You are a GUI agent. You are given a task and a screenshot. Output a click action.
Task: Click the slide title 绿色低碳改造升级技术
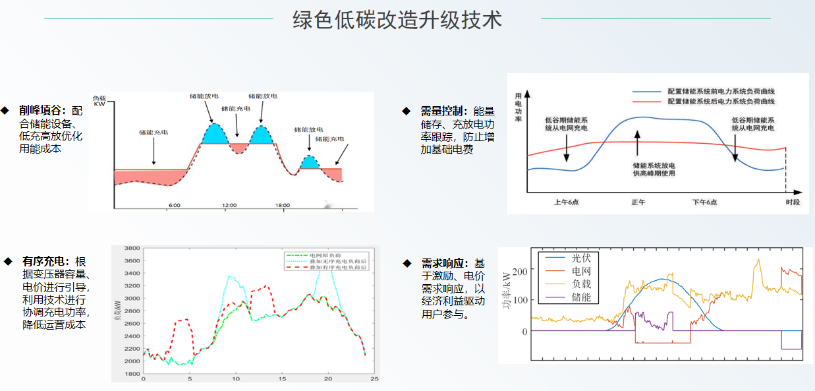pyautogui.click(x=397, y=19)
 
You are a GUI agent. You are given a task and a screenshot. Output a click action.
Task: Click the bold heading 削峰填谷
pyautogui.click(x=42, y=110)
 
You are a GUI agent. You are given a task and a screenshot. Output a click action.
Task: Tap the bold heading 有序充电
pyautogui.click(x=43, y=261)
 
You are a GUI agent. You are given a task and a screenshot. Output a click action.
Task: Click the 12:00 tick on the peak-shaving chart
pyautogui.click(x=229, y=206)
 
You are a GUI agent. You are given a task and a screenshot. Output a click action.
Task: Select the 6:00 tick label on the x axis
pyautogui.click(x=174, y=206)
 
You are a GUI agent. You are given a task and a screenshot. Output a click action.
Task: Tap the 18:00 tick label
pyautogui.click(x=281, y=206)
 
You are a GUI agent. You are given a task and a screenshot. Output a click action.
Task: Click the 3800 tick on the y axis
pyautogui.click(x=132, y=249)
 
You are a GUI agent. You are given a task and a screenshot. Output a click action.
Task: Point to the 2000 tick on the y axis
pyautogui.click(x=132, y=361)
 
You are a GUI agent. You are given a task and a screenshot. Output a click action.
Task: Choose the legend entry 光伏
pyautogui.click(x=580, y=258)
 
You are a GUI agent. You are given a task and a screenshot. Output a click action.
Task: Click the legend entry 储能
pyautogui.click(x=580, y=297)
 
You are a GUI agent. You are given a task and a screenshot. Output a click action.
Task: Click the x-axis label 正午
pyautogui.click(x=638, y=202)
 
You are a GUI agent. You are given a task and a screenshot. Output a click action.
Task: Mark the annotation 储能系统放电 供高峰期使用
pyautogui.click(x=654, y=169)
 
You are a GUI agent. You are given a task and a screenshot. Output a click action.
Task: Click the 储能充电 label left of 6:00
pyautogui.click(x=153, y=133)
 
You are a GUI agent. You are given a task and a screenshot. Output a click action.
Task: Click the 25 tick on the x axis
pyautogui.click(x=374, y=379)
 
